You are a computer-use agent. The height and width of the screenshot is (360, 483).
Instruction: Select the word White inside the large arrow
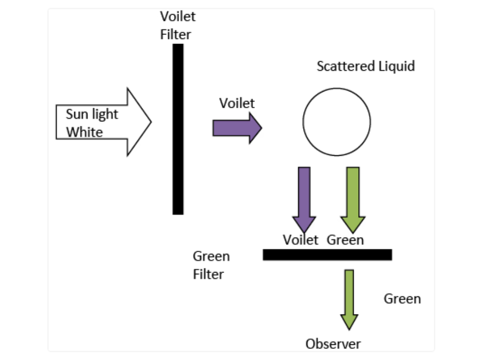[x=84, y=132]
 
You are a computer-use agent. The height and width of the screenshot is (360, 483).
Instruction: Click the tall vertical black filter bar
[x=178, y=129]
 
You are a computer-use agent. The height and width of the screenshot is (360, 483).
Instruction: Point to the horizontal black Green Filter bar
[x=327, y=255]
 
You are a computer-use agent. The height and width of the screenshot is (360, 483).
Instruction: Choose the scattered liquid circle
[x=336, y=122]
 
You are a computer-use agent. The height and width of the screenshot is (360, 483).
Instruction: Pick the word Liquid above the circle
[x=396, y=66]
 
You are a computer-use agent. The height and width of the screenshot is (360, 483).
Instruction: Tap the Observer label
[x=333, y=344]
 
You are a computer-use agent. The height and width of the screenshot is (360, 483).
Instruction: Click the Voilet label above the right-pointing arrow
[x=237, y=103]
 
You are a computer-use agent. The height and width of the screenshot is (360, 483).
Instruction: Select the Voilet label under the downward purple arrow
[x=301, y=240]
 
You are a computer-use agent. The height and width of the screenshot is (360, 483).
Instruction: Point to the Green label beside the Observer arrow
[x=402, y=299]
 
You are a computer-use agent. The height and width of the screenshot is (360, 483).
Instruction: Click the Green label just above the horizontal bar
[x=345, y=240]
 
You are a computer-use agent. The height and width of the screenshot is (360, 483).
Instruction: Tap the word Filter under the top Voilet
[x=176, y=35]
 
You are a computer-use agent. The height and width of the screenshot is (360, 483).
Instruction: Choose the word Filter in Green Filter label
[x=208, y=275]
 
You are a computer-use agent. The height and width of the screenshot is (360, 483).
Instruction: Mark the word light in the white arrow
[x=105, y=114]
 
